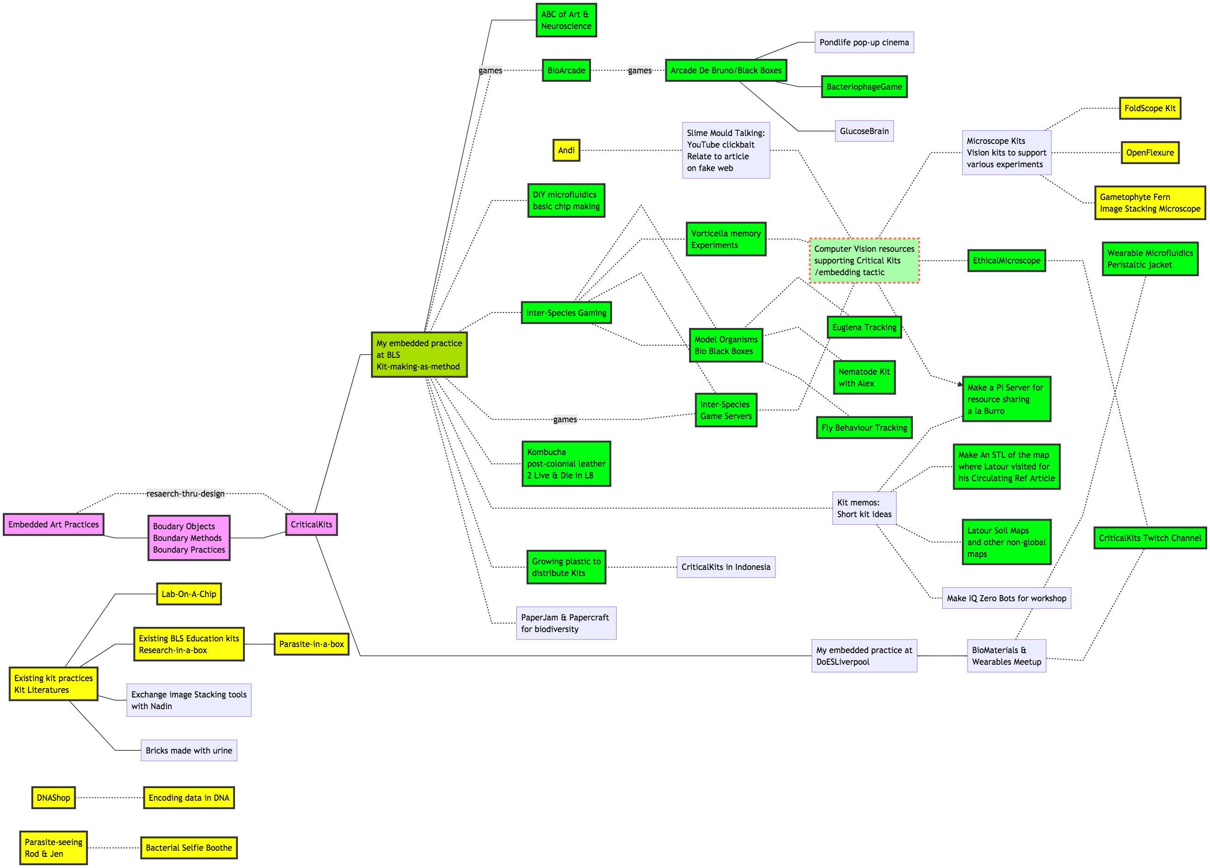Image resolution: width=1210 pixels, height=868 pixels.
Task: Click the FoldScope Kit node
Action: [x=1150, y=108]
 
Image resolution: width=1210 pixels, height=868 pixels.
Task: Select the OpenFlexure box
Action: [x=1150, y=153]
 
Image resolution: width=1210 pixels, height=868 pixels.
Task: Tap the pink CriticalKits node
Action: [x=311, y=525]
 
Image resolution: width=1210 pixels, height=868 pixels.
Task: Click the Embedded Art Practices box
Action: [x=53, y=525]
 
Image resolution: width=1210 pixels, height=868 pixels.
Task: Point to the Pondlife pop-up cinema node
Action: [x=864, y=42]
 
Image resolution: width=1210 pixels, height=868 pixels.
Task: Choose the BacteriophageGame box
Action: [x=864, y=86]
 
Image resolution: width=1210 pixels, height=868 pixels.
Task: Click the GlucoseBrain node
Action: [x=864, y=131]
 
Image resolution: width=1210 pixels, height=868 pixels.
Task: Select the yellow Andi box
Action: [x=566, y=150]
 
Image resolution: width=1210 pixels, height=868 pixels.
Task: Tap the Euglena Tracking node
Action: [x=864, y=327]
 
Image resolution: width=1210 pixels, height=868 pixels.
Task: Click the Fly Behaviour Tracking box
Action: [x=864, y=427]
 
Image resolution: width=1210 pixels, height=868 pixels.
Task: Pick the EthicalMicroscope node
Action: [x=1006, y=260]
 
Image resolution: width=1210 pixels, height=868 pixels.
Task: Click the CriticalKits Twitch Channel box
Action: [x=1150, y=538]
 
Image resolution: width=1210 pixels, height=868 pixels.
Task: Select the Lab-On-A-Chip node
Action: [x=189, y=594]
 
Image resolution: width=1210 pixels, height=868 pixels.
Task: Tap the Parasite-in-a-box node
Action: [x=311, y=644]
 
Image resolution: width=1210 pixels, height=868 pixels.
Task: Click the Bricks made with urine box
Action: [x=189, y=750]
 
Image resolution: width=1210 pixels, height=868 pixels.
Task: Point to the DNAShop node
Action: [x=53, y=797]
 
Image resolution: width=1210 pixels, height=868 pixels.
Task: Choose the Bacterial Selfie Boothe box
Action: [x=189, y=848]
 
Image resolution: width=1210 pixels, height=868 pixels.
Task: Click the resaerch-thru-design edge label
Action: [x=185, y=493]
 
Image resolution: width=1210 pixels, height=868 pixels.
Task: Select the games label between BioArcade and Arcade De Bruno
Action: [x=639, y=71]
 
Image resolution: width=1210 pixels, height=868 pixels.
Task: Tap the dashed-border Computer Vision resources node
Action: [x=864, y=260]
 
